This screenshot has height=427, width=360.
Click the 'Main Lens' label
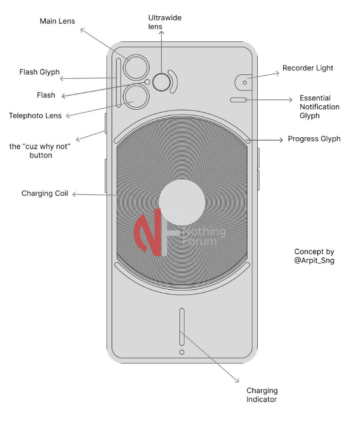57,21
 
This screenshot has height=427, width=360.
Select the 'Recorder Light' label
307,68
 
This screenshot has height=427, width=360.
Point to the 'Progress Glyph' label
314,139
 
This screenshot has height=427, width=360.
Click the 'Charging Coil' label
44,193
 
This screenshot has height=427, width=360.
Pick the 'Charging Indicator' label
262,395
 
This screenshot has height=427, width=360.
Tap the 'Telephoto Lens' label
35,116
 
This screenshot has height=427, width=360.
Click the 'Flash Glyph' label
39,72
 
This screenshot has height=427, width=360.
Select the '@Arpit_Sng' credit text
314,261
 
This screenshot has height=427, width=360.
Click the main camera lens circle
136,67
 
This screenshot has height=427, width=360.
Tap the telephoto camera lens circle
136,96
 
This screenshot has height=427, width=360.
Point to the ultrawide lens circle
161,82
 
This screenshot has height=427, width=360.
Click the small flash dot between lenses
147,82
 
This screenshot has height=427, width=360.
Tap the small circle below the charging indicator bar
182,352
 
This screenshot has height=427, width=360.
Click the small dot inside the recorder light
244,82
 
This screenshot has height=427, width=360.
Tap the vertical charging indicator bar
182,327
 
